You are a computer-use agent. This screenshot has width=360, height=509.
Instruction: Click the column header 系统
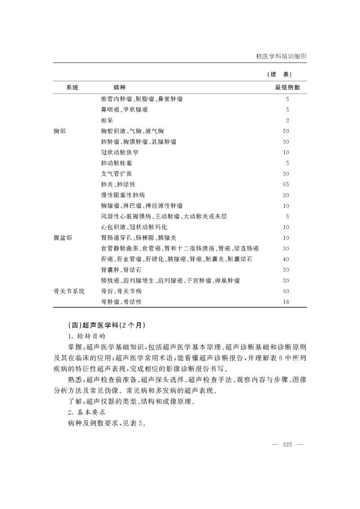pyautogui.click(x=72, y=87)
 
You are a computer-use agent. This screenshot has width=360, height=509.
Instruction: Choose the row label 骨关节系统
pyautogui.click(x=68, y=291)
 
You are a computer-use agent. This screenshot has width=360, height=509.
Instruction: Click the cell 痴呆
pyautogui.click(x=107, y=120)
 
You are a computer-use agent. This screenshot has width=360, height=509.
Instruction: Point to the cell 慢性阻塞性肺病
pyautogui.click(x=123, y=195)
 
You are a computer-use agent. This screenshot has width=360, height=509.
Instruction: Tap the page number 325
pyautogui.click(x=288, y=445)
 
